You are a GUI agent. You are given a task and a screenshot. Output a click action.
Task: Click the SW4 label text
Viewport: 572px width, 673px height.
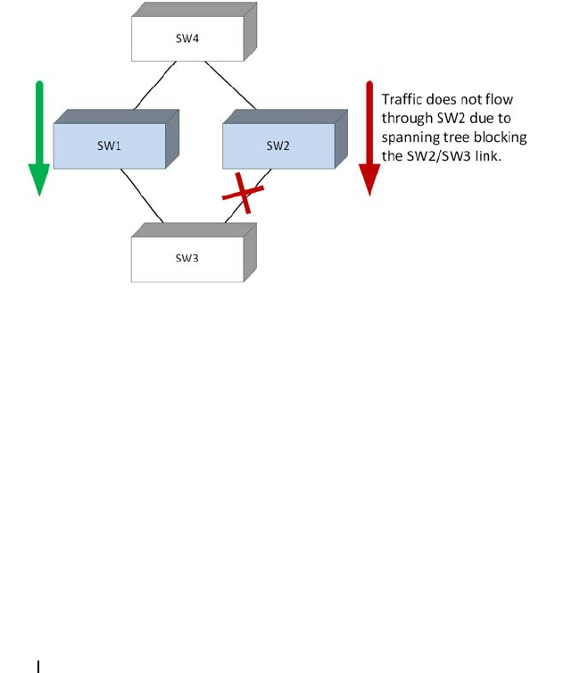[x=187, y=38]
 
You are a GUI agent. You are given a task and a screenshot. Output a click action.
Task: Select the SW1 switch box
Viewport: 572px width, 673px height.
[x=116, y=138]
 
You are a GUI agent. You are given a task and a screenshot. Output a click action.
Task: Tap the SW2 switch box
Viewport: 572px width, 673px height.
[x=285, y=138]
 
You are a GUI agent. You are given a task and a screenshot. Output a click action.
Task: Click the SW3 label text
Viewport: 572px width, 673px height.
[x=187, y=258]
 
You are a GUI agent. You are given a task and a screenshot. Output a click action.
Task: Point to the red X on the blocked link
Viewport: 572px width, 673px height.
[x=243, y=193]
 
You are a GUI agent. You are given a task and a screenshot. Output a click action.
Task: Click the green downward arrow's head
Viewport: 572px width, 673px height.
[x=39, y=179]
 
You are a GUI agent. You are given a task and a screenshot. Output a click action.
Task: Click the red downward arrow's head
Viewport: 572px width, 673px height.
[x=369, y=179]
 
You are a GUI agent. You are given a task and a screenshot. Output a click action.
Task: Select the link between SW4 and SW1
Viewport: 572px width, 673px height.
[x=155, y=86]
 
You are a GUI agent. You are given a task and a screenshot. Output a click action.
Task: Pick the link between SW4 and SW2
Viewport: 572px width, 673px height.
[x=230, y=86]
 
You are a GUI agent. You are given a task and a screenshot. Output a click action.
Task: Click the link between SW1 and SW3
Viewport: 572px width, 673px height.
[x=142, y=195]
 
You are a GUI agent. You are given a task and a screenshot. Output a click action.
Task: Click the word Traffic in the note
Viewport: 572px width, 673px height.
[x=402, y=100]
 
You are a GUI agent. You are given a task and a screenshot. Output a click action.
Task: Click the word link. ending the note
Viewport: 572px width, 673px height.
[x=488, y=156]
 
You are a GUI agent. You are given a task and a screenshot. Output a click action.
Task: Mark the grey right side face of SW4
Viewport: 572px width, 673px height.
[x=250, y=31]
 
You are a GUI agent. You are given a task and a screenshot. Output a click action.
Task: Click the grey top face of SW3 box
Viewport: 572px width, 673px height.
[x=194, y=230]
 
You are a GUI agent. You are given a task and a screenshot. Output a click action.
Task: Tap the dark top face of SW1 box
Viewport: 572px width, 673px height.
[x=116, y=117]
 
